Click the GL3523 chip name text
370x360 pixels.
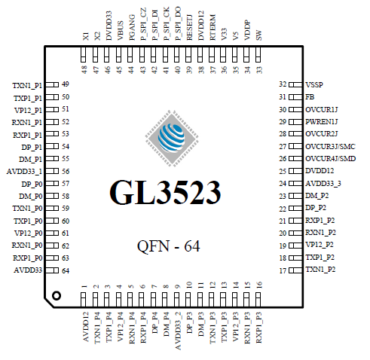coord(166,193)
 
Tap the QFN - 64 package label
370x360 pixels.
coord(168,246)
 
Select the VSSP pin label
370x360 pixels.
coord(315,84)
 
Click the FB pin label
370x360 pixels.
coord(310,97)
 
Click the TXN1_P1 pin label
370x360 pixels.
coord(28,84)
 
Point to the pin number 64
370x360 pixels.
coord(66,270)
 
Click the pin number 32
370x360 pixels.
coord(283,84)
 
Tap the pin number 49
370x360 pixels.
coord(66,84)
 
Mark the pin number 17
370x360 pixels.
coord(283,270)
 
